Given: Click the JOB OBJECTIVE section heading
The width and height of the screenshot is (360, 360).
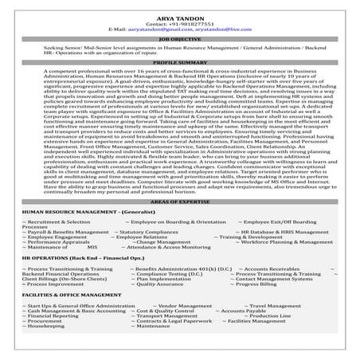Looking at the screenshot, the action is [x=179, y=37].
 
